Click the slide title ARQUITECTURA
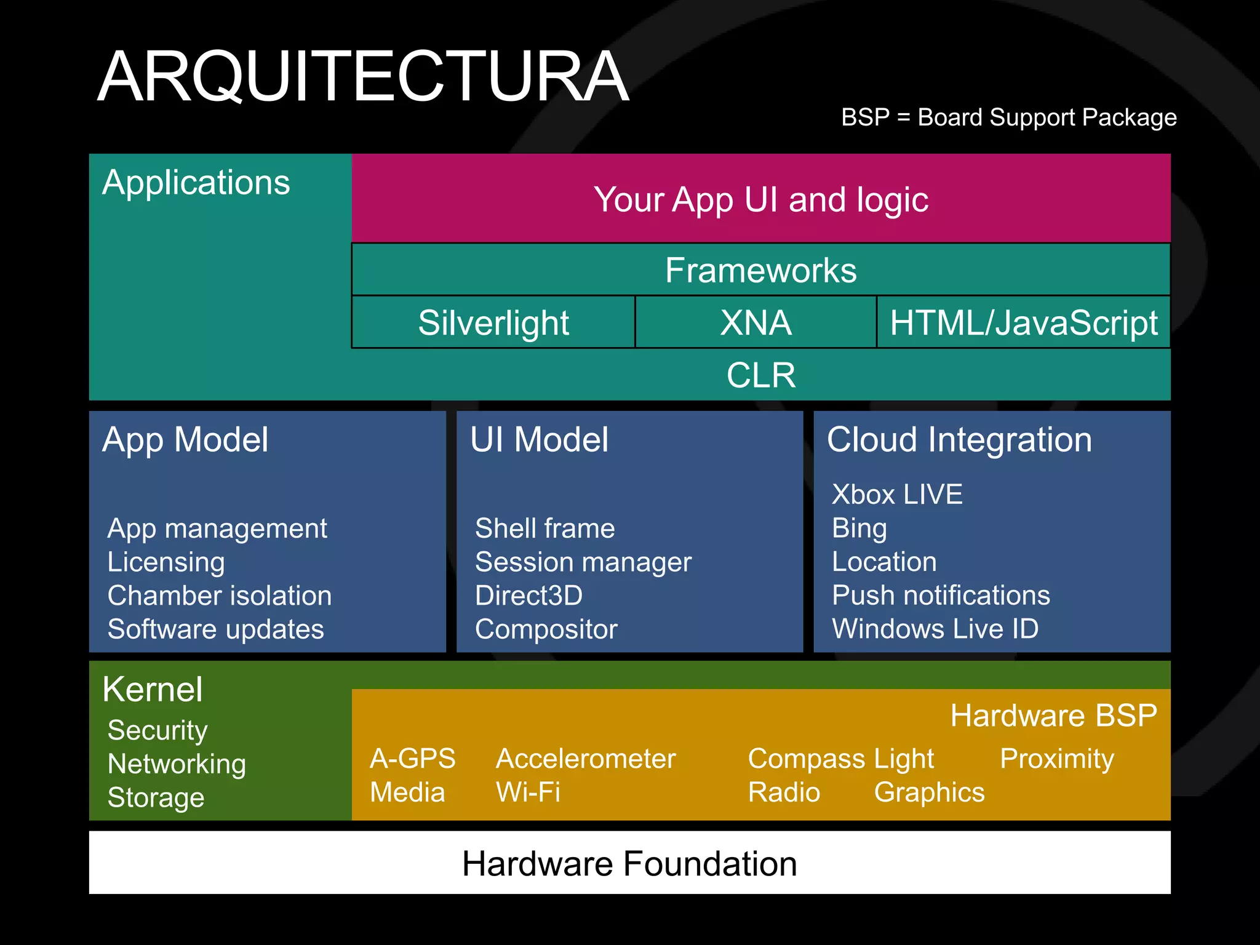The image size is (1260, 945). pos(363,77)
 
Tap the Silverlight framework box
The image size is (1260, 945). pos(493,322)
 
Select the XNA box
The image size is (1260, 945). pos(756,322)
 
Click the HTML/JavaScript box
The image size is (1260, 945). pos(1023,322)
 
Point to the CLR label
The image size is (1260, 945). pos(760,375)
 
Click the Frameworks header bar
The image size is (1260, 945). pos(760,270)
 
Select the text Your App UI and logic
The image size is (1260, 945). pos(760,199)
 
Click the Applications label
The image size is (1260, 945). pos(196,183)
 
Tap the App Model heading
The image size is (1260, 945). pos(185,440)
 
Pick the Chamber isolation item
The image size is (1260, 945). pos(220,596)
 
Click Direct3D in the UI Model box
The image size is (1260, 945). pos(528,596)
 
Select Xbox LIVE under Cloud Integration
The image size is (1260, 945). pos(897,495)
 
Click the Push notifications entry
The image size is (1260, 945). pos(941,595)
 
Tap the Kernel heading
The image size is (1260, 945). pos(153,689)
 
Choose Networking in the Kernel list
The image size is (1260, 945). pos(177,764)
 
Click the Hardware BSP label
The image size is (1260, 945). pos(1053,716)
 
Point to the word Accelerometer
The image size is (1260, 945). pos(586,759)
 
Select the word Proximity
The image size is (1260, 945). pos(1056,759)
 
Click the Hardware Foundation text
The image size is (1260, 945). pos(629,863)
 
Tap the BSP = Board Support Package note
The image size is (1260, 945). pos(1008,117)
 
